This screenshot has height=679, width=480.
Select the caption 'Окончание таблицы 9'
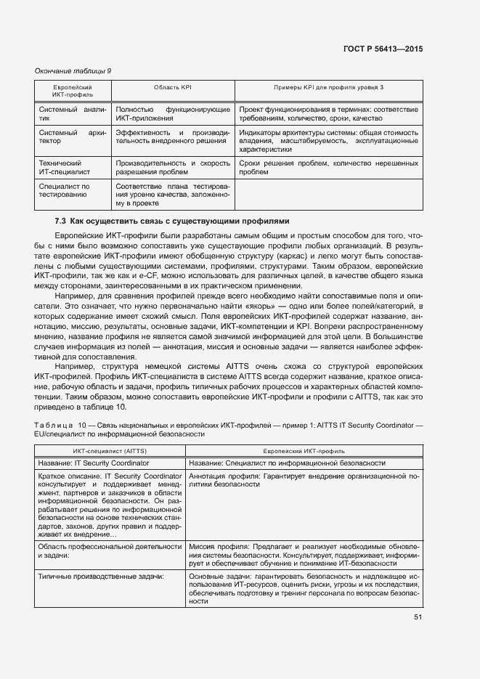[73, 70]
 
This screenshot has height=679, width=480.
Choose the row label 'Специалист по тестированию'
[64, 190]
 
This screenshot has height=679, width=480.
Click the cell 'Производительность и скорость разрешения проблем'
[173, 168]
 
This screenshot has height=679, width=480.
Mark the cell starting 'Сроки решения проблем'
[328, 168]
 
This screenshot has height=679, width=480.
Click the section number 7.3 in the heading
[60, 221]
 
